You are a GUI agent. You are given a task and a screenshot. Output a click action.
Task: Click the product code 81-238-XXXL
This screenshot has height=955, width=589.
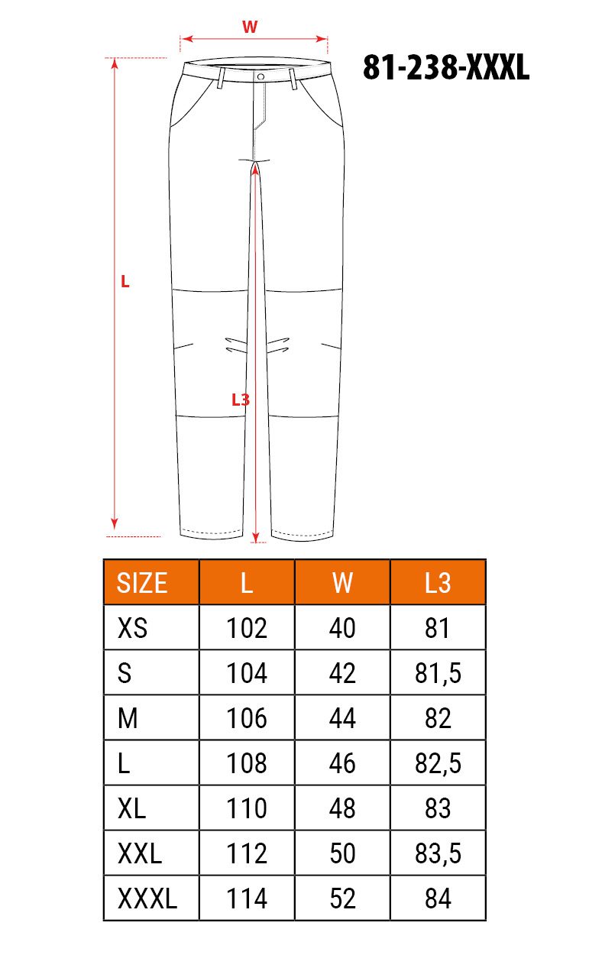coord(446,68)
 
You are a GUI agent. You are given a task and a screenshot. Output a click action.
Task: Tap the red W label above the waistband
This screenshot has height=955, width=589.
coord(250,27)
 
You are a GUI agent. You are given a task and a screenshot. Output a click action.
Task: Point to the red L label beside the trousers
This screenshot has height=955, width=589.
coord(125,281)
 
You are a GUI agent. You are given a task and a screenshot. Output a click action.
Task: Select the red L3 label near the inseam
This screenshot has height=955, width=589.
coord(241,400)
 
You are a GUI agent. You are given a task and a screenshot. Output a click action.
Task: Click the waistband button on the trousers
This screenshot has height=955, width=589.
coord(261,76)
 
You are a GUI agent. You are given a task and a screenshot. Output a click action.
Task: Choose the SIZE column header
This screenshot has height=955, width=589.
coord(142,583)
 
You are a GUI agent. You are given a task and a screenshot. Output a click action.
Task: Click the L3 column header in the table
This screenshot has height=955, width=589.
coord(438,583)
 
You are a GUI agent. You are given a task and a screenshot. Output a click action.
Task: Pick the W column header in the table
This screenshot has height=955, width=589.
coord(342,583)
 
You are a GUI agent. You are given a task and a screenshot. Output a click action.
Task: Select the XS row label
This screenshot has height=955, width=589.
coord(133,628)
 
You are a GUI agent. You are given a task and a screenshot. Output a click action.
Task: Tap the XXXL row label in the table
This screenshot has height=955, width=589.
coord(147,898)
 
